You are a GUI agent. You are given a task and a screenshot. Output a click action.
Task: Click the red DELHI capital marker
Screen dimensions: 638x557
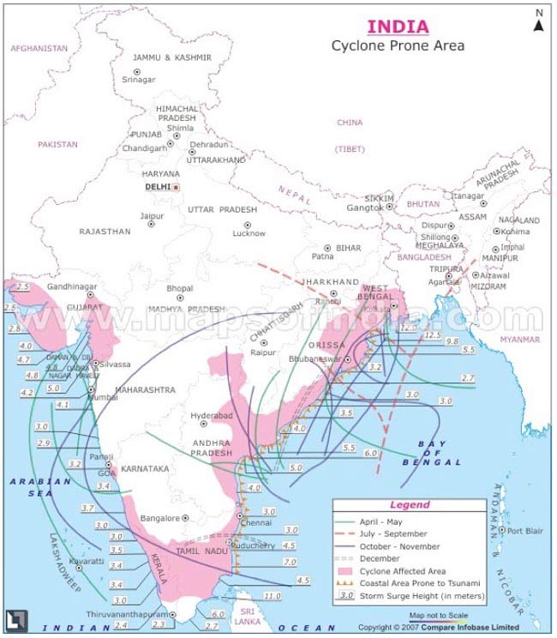tap(176, 187)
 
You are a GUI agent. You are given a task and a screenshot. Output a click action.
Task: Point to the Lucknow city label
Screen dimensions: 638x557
tap(249, 233)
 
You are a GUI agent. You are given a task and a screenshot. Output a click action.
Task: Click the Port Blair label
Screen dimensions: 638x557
tap(524, 531)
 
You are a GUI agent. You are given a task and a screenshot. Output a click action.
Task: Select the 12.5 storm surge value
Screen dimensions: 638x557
tap(433, 335)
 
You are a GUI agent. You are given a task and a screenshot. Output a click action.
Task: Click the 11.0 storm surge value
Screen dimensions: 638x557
tap(272, 596)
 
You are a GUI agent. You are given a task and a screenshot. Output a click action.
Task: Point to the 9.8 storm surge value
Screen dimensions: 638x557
tap(452, 341)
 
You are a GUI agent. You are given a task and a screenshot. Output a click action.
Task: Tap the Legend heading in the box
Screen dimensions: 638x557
tap(410, 505)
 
